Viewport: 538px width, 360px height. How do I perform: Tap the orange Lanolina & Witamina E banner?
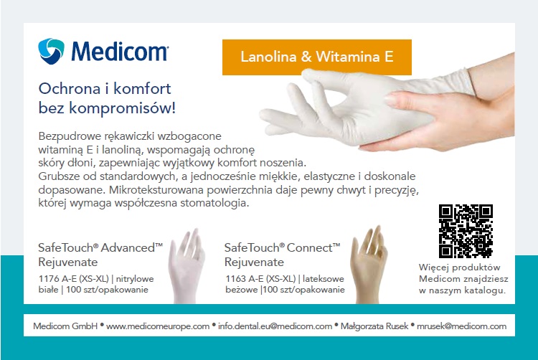pos(316,56)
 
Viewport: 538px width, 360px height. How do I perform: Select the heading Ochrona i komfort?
pos(104,90)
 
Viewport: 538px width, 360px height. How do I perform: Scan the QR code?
pos(466,231)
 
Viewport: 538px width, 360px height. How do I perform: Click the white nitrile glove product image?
pos(187,265)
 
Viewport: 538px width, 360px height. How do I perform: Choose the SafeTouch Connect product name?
pos(282,247)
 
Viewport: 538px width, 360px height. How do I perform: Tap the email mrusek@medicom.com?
pos(463,326)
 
